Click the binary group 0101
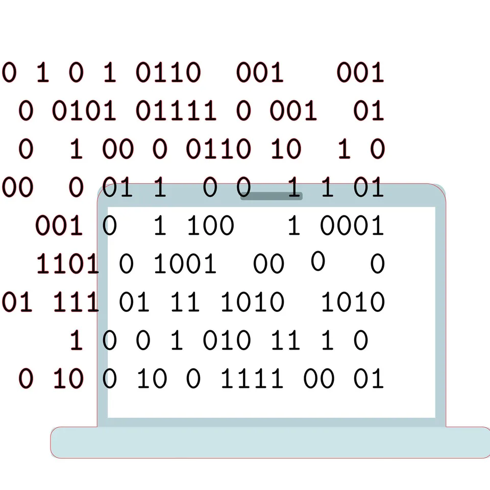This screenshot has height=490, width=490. [84, 111]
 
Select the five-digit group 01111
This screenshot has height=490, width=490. [176, 111]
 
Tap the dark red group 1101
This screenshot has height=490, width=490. [67, 263]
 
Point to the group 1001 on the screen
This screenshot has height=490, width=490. [185, 263]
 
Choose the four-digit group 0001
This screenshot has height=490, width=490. [352, 225]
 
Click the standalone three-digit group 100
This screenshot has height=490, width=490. [210, 225]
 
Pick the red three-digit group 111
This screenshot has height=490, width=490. [76, 302]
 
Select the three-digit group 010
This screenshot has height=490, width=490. [227, 340]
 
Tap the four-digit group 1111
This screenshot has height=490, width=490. [252, 378]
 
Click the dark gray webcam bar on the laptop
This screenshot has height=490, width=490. [271, 196]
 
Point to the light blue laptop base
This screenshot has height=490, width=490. [271, 442]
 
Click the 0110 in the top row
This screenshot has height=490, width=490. [168, 72]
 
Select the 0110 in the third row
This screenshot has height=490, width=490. [218, 149]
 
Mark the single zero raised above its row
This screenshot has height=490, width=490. [318, 261]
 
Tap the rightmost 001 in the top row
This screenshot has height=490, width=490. [360, 72]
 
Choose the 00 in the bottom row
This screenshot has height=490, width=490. [318, 378]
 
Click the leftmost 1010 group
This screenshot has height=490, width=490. [253, 302]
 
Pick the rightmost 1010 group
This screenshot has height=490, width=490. [353, 302]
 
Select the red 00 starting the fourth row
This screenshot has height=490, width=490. [17, 187]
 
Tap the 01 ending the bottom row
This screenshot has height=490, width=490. [369, 378]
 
